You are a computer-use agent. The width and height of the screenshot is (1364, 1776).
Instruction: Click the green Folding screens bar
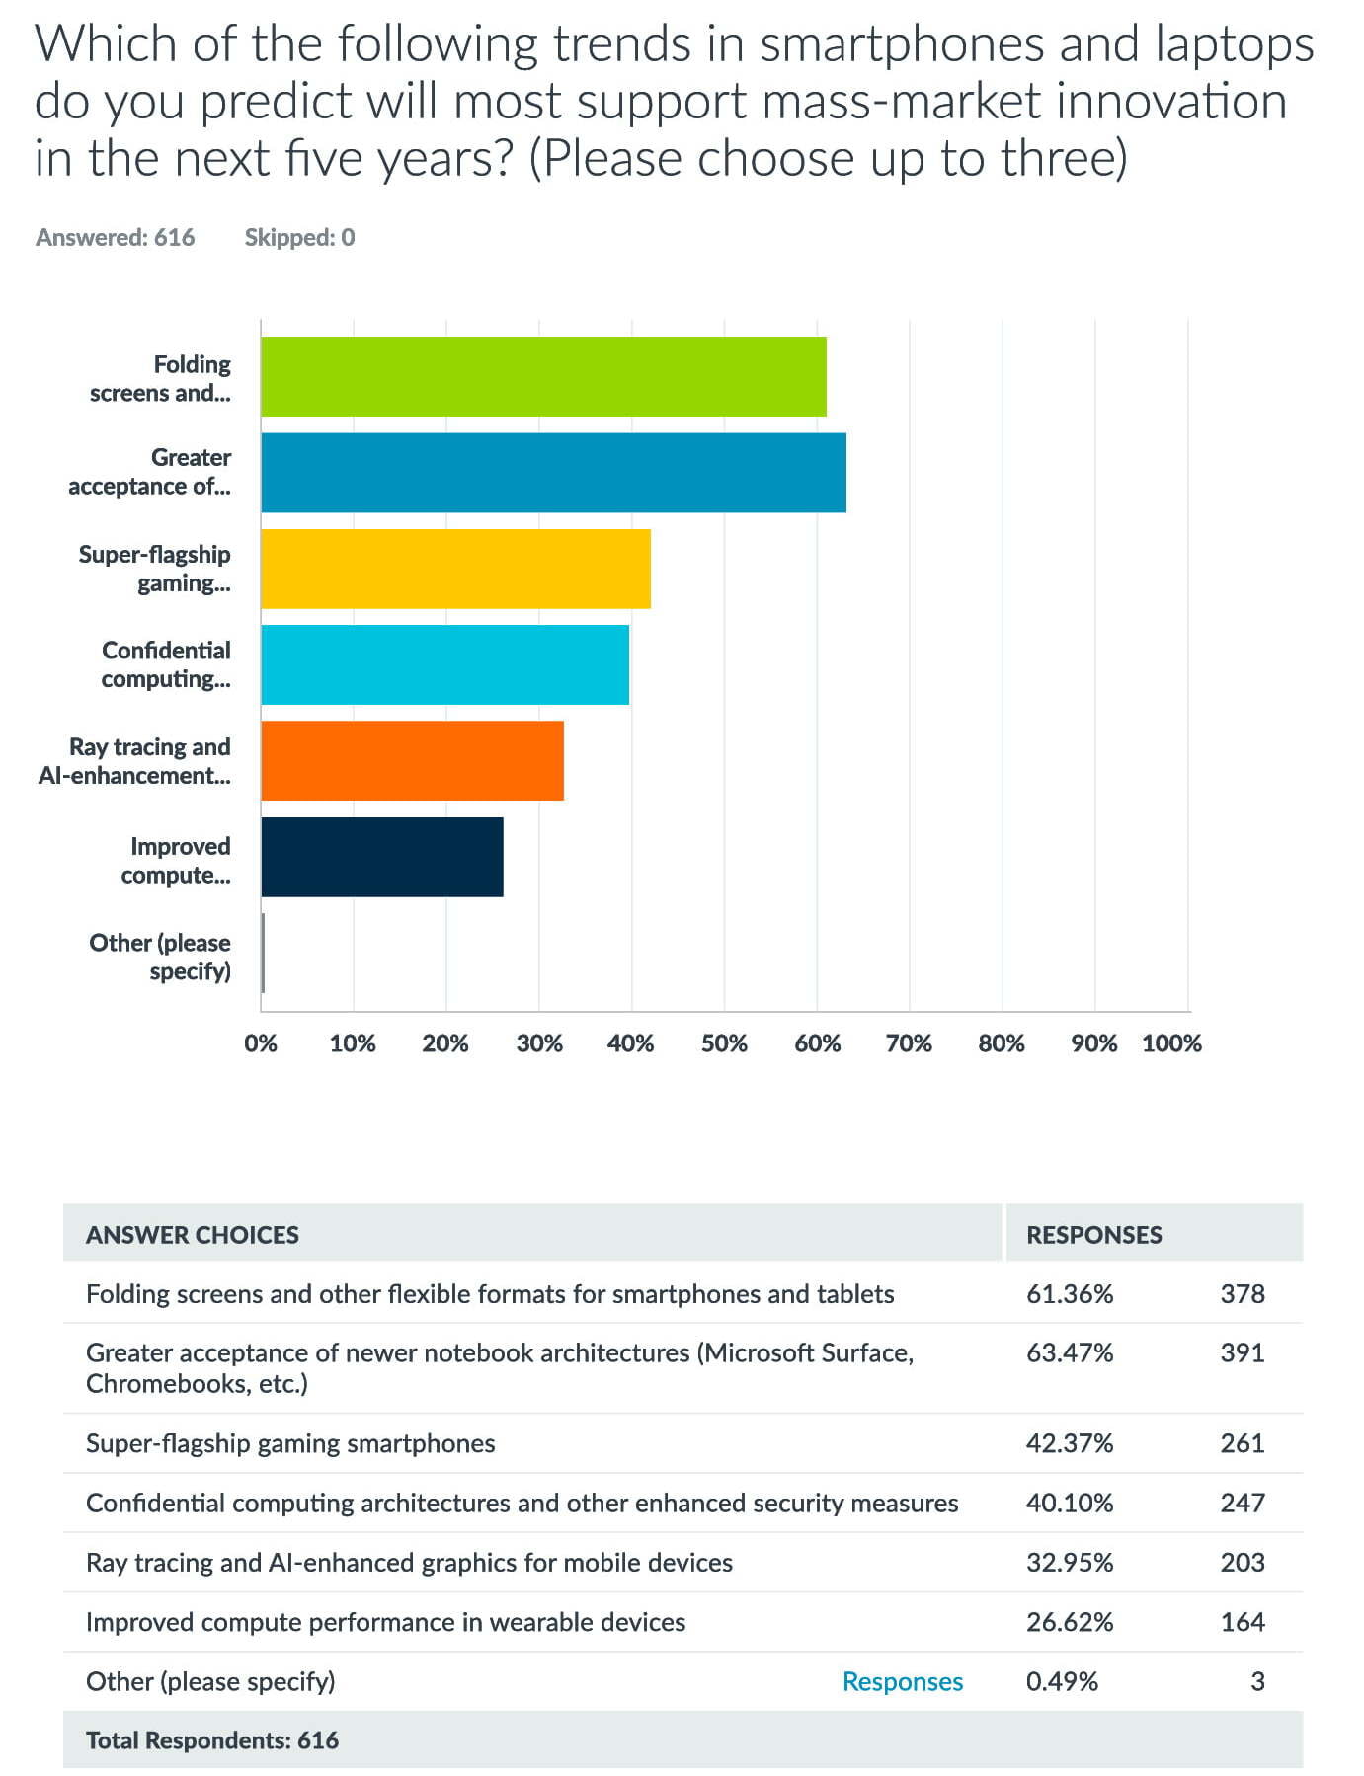click(543, 376)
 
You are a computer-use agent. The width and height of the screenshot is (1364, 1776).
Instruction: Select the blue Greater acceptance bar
click(553, 472)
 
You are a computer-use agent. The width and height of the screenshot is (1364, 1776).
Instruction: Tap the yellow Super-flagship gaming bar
click(455, 569)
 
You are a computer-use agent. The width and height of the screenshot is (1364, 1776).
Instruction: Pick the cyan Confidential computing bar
click(444, 664)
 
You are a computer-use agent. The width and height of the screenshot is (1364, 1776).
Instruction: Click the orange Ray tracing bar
click(412, 760)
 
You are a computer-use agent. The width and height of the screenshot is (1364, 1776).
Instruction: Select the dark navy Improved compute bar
click(382, 857)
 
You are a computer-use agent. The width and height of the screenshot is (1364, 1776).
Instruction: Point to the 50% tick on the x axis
click(724, 1043)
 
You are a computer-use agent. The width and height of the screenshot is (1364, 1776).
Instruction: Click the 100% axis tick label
click(1171, 1043)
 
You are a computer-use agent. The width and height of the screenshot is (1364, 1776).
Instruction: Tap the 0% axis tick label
click(261, 1043)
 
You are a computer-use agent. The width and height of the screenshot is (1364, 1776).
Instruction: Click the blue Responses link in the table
click(903, 1681)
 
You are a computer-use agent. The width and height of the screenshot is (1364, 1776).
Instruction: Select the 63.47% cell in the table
click(1070, 1352)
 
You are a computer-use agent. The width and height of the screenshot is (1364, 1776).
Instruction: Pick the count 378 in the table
click(1243, 1293)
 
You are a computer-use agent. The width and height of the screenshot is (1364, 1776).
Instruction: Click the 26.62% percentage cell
click(1070, 1622)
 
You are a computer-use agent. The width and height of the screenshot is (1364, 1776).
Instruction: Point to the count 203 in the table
click(1243, 1562)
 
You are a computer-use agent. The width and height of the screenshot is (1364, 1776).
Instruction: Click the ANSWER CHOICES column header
click(193, 1234)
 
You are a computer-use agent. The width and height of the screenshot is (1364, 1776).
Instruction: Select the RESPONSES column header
click(1094, 1234)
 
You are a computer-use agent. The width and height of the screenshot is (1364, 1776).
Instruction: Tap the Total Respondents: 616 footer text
click(212, 1739)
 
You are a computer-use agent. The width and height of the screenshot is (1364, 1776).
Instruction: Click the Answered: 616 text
click(116, 237)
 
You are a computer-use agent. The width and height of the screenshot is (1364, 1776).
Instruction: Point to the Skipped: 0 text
click(299, 237)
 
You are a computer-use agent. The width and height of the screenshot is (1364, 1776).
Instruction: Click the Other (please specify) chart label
click(160, 957)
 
